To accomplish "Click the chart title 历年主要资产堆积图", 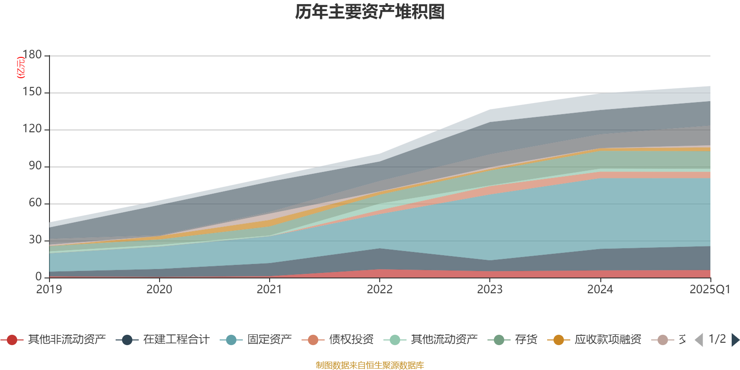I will point(370,12).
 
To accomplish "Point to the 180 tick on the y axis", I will point(32,55).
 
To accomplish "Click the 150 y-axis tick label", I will point(32,92).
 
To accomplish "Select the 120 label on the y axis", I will point(32,129).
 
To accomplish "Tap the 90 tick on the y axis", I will point(35,166).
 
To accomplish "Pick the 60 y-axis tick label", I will point(35,203).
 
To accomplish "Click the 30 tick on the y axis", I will point(35,240).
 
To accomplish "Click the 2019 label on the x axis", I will point(49,290).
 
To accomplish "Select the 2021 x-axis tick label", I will point(269,290).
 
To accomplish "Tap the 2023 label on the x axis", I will point(490,290).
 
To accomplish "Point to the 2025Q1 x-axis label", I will point(709,290).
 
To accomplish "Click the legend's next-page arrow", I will point(735,340).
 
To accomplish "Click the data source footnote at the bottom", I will point(370,365).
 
